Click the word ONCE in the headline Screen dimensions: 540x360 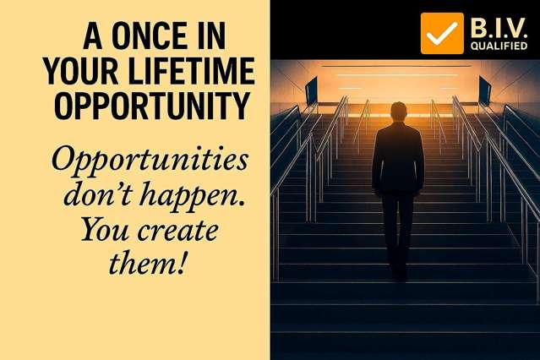(149, 35)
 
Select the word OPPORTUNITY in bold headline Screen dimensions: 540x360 (152, 106)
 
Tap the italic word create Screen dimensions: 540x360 (177, 231)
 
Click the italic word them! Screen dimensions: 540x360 (147, 263)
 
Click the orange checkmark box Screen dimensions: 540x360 (442, 34)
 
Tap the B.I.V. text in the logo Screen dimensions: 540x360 (499, 28)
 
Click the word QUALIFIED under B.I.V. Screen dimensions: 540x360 (499, 46)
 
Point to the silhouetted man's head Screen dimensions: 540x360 (399, 112)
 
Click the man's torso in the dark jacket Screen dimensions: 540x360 (398, 158)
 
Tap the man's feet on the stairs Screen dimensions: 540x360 (400, 273)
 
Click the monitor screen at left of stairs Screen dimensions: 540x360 (311, 91)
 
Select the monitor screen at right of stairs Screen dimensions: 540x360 (484, 91)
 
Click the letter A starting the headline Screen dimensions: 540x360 (93, 35)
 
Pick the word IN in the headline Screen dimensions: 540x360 (210, 35)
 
